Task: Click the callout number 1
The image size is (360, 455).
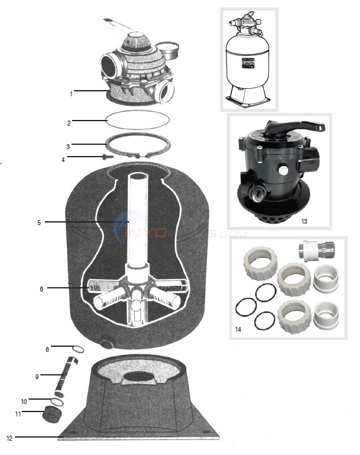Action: click(72, 94)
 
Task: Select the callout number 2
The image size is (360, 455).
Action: click(70, 122)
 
